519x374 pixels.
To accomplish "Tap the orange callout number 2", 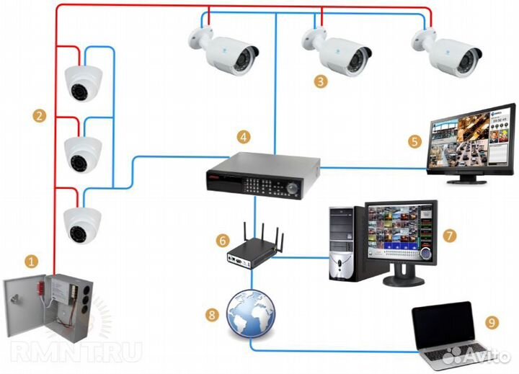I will click(x=40, y=115).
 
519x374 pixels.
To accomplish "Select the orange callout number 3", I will click(x=320, y=81).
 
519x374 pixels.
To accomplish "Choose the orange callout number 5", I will click(x=414, y=141).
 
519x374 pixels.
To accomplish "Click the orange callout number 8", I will click(x=211, y=313).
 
